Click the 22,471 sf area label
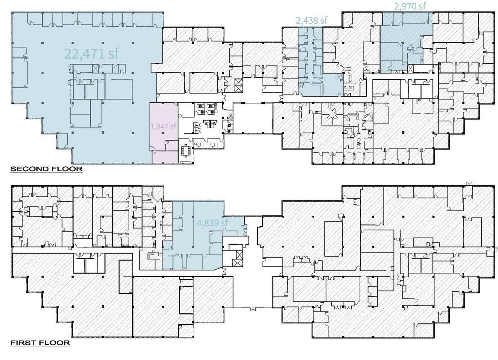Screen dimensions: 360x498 point(92,53)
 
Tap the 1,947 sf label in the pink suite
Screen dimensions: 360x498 point(163,126)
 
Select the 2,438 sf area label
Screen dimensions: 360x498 point(311,20)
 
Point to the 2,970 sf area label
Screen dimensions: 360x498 point(410,6)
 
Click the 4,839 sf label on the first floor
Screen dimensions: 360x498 point(212,223)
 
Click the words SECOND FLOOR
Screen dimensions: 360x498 point(46,169)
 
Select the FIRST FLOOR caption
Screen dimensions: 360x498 point(40,342)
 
